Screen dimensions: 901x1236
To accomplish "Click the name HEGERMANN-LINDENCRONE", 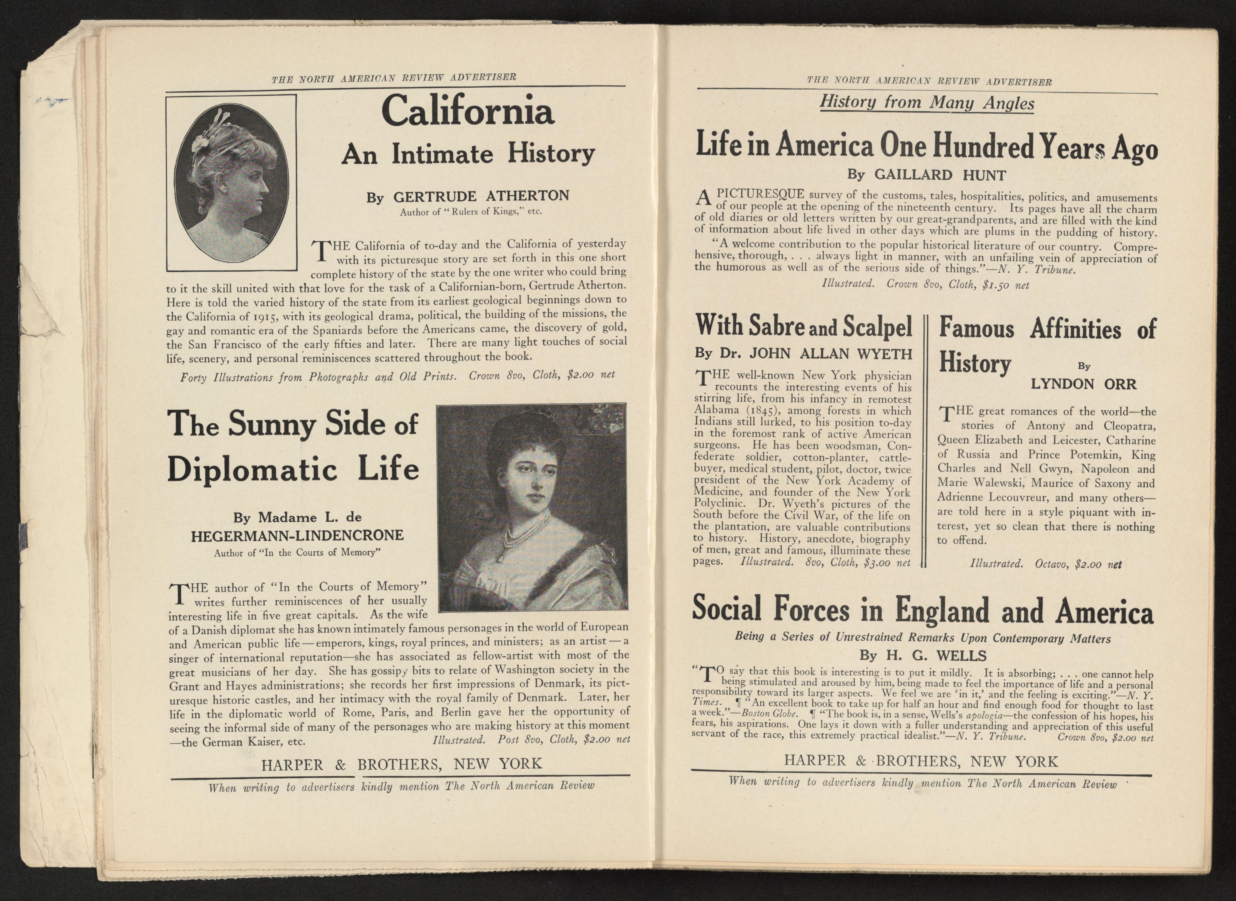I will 297,536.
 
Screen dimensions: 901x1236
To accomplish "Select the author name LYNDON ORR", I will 1083,384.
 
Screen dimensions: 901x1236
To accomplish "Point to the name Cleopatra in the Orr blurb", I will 1129,426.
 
